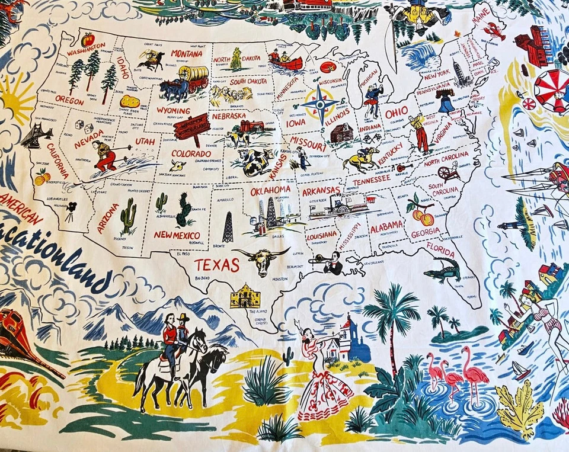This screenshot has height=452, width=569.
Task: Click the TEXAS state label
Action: pos(217,265)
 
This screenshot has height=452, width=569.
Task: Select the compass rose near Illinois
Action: pos(321,105)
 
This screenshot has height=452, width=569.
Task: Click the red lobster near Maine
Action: pos(495,31)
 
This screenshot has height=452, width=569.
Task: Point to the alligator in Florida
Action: pos(443,271)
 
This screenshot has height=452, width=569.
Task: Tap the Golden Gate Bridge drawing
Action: pos(37,135)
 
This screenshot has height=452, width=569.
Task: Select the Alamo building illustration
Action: pos(245,296)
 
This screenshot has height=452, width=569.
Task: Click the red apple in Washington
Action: pos(88,40)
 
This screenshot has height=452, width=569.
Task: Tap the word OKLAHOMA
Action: pos(270,191)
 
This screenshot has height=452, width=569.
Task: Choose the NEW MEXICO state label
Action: pos(177,235)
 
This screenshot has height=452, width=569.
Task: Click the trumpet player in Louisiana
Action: pos(331,262)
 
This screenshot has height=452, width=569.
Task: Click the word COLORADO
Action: pos(191,153)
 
